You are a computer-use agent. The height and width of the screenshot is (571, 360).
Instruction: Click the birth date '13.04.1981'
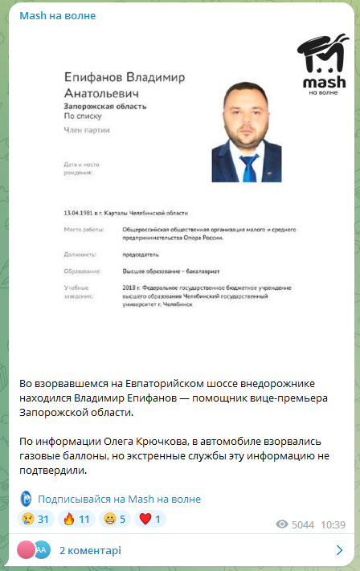click(x=80, y=213)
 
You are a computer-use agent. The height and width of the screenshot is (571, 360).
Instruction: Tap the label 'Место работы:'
click(x=84, y=230)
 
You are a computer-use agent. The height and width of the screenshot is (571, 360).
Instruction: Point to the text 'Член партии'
click(x=86, y=129)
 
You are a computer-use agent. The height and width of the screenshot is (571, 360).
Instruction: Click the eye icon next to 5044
click(x=282, y=524)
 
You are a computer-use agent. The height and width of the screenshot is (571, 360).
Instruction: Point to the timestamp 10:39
click(x=332, y=524)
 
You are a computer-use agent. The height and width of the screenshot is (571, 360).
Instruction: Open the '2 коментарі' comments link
click(x=89, y=550)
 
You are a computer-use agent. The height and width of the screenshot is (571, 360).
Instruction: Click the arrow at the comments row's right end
click(x=339, y=550)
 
